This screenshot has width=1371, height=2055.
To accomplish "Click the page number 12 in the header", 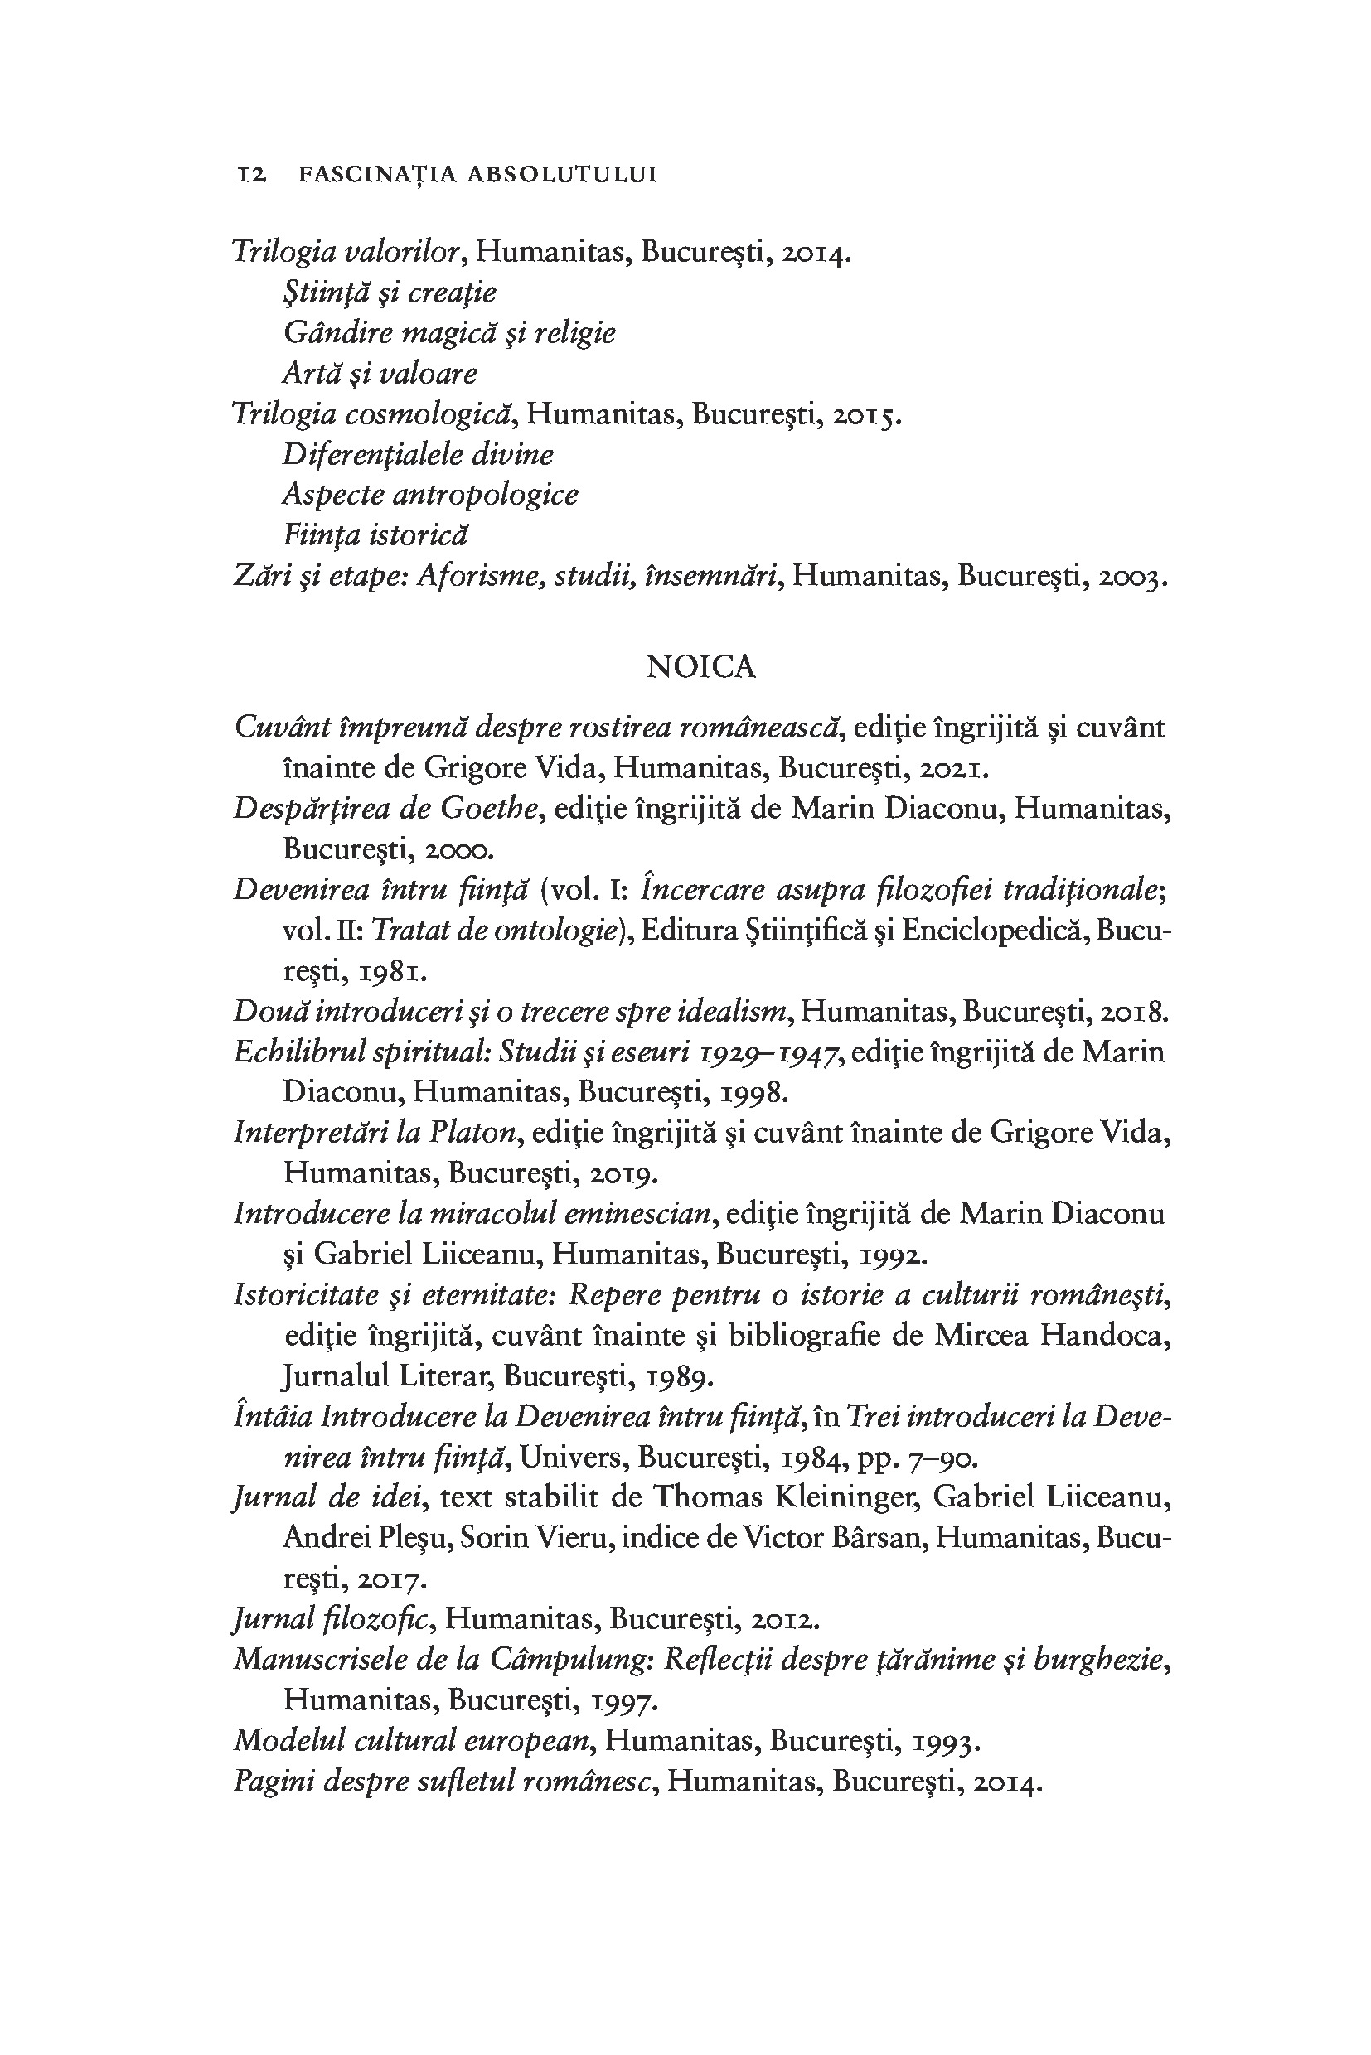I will (x=251, y=175).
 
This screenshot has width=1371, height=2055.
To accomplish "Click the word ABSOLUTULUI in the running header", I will (x=561, y=175).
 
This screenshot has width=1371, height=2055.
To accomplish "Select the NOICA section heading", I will (x=700, y=667).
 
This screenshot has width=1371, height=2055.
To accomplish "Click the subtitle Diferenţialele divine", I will (x=418, y=455).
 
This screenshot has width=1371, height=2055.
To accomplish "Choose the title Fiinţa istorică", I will (x=376, y=535).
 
